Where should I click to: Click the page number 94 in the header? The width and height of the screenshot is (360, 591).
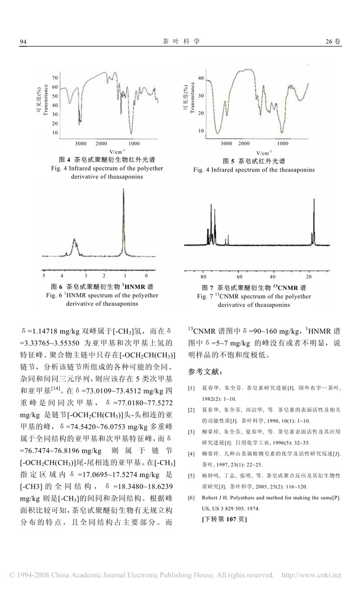point(24,41)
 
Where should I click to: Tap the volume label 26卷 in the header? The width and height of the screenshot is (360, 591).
point(333,41)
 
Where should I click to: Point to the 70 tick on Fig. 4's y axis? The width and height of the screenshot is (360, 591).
point(55,77)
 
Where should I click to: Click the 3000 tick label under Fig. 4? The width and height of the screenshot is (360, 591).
point(81,143)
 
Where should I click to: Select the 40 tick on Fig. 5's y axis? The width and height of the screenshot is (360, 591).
point(201,78)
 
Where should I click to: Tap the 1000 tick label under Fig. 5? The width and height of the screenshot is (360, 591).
point(283,143)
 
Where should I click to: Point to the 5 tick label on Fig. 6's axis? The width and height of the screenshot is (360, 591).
point(44,275)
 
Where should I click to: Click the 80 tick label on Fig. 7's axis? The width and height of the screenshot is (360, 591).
point(203,276)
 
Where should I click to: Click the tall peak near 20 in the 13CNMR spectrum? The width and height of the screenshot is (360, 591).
point(314,211)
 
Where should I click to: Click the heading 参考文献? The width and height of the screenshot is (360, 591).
point(204,371)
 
